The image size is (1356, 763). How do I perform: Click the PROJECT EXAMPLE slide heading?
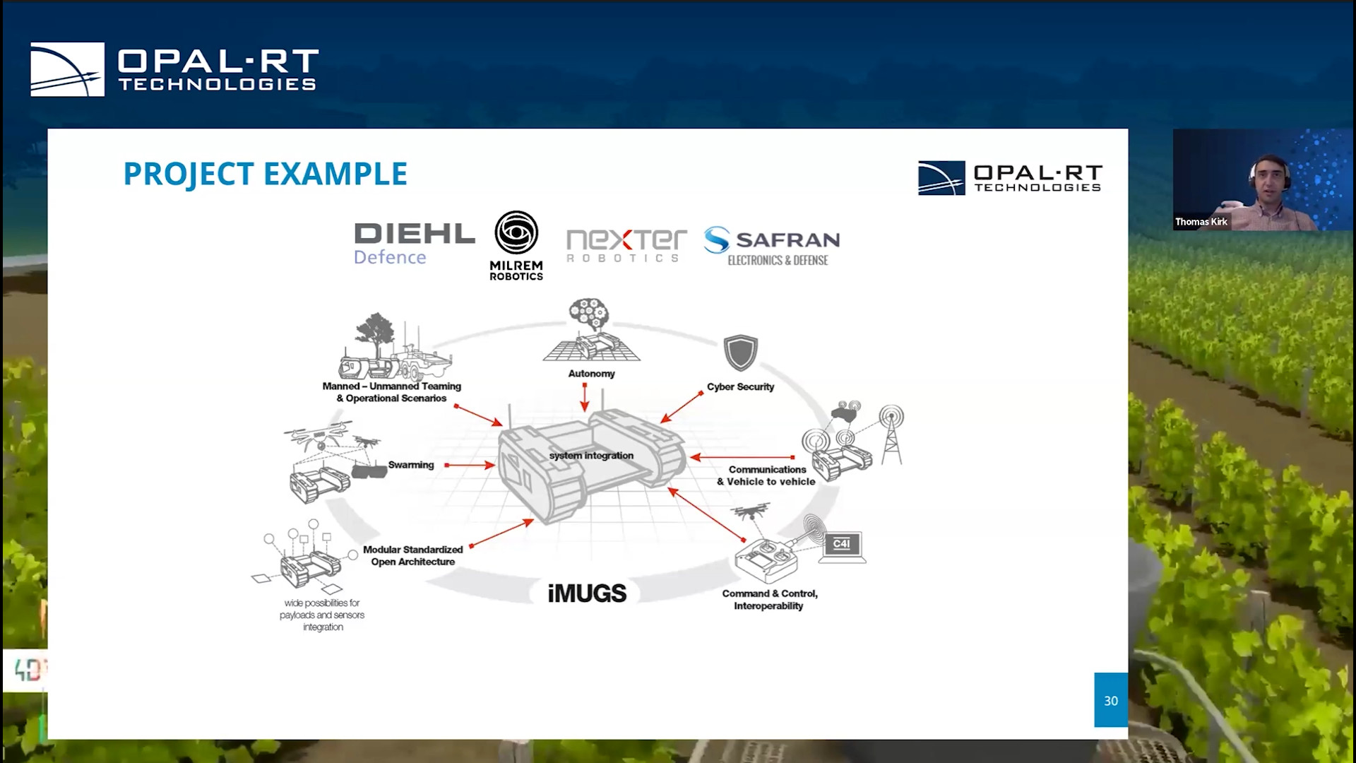tap(265, 174)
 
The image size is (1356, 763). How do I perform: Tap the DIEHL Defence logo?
tap(414, 243)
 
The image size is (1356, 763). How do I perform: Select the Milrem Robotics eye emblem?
tap(516, 232)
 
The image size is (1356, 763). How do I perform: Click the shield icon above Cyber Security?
tap(740, 353)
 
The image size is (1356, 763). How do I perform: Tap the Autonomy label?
tap(591, 374)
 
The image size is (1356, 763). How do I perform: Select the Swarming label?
tap(410, 465)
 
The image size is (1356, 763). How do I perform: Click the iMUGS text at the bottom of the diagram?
tap(587, 593)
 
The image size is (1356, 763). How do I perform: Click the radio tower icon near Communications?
tap(891, 434)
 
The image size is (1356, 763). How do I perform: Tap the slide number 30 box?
tap(1110, 700)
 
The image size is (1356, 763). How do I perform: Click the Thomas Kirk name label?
tap(1201, 222)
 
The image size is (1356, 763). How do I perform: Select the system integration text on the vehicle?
tap(591, 456)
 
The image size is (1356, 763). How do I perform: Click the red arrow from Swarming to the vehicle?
tap(470, 465)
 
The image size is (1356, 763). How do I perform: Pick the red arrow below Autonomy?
tap(584, 397)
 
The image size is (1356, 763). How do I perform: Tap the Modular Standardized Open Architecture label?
tap(413, 555)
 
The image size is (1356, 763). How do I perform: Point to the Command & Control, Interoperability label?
tap(769, 600)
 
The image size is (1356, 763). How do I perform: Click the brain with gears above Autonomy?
tap(589, 314)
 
